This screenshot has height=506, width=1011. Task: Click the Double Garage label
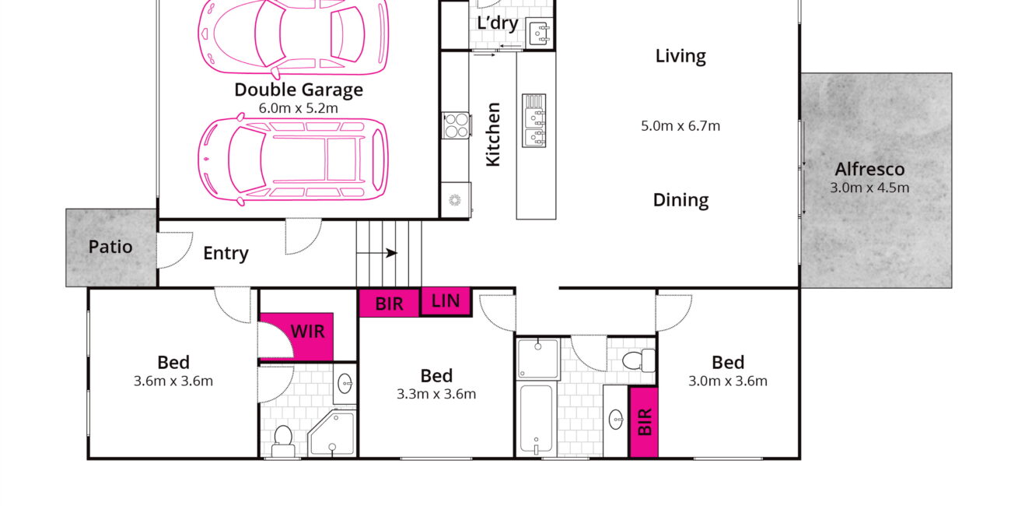(x=299, y=90)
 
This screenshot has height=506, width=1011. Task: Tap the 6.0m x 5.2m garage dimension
(x=299, y=108)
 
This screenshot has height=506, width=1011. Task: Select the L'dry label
(x=498, y=23)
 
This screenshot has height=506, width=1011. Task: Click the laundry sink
(x=540, y=33)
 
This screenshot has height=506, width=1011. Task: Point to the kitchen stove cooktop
(x=457, y=125)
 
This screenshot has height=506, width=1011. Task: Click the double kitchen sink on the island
(x=534, y=121)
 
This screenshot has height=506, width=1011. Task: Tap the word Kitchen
(x=493, y=135)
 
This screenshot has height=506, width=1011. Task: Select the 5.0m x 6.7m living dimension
(x=680, y=125)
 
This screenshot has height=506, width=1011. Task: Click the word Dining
(x=680, y=200)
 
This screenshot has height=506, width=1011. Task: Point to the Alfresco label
(x=869, y=169)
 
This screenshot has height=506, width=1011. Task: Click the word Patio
(x=110, y=247)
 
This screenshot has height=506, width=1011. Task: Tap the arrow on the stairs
(x=377, y=253)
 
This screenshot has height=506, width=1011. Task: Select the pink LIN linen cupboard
(x=446, y=301)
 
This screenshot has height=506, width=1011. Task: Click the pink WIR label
(x=307, y=332)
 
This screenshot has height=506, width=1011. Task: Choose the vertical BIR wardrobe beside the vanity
(x=644, y=422)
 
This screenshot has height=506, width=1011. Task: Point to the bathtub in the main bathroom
(x=536, y=418)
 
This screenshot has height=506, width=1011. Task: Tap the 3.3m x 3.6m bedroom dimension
(x=436, y=394)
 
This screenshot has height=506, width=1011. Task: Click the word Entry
(x=226, y=253)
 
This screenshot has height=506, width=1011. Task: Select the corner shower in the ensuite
(x=333, y=434)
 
